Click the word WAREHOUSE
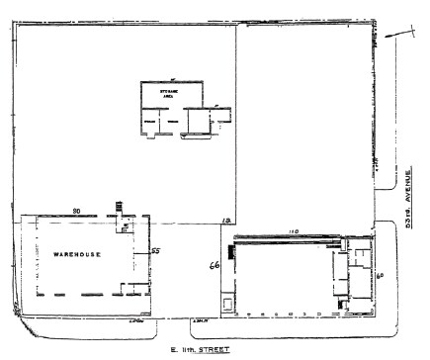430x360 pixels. [72, 254]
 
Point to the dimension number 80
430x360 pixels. [75, 209]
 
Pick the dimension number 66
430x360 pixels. [213, 265]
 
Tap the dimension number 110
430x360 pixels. [293, 230]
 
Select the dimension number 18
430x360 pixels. [226, 219]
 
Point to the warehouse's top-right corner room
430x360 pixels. [128, 224]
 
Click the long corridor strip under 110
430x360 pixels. [287, 238]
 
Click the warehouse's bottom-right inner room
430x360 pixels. [129, 288]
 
